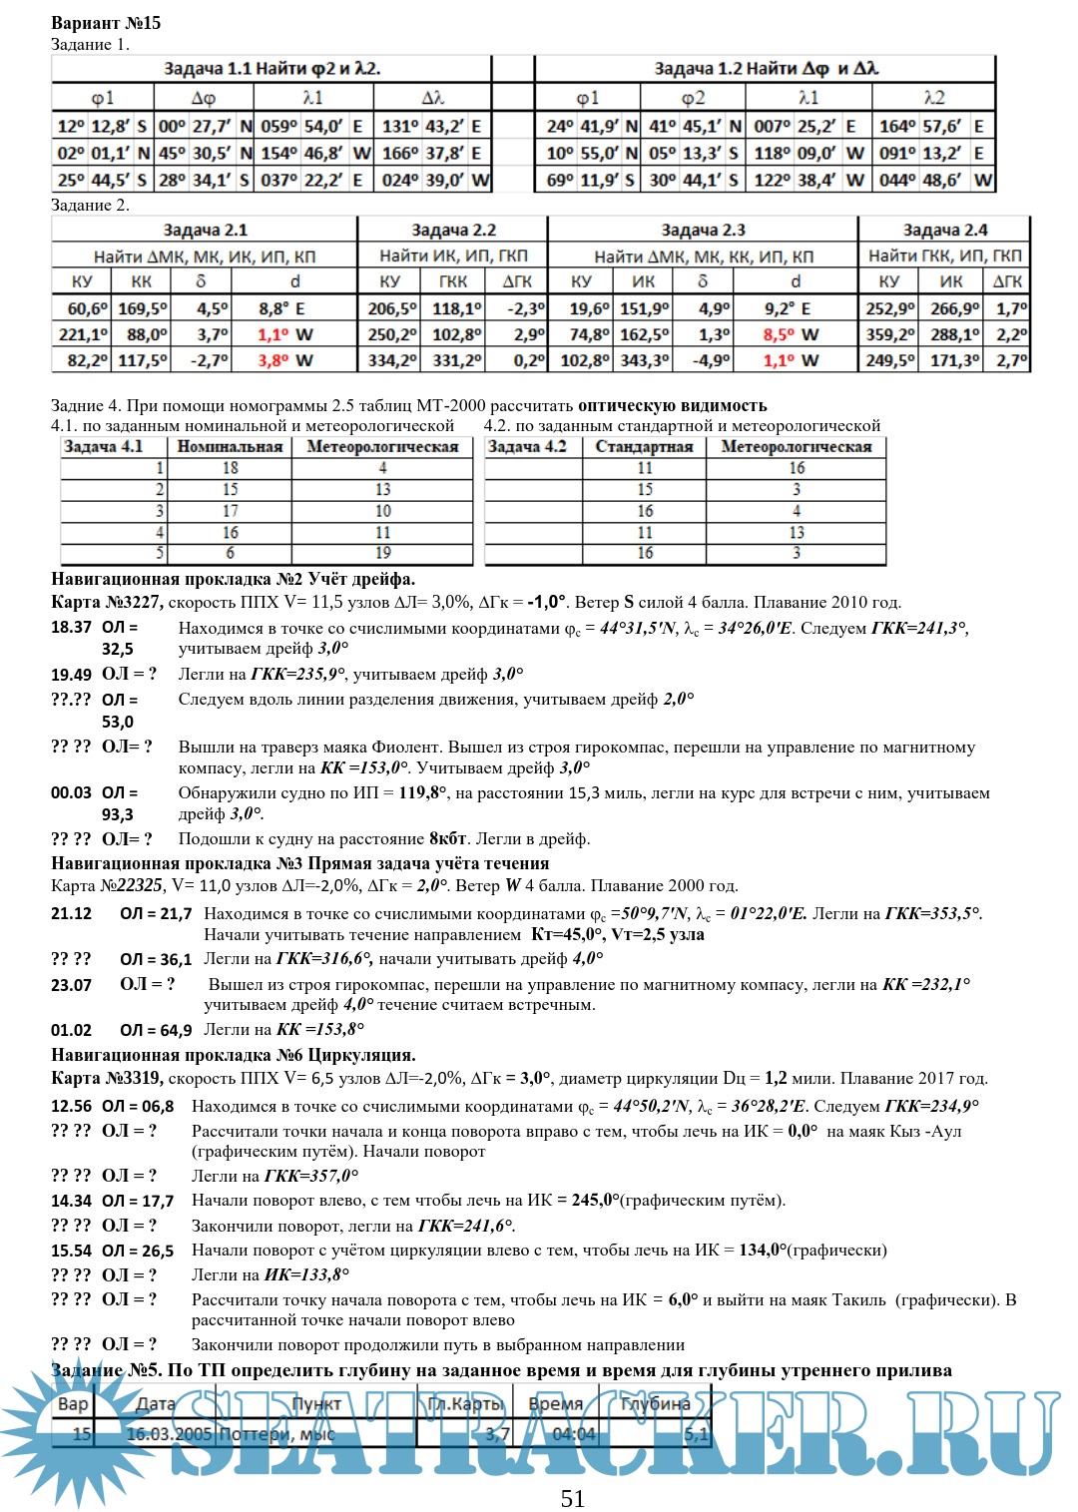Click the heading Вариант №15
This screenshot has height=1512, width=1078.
pos(106,23)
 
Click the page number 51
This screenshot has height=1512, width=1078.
pos(573,1498)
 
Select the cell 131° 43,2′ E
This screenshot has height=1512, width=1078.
pos(431,127)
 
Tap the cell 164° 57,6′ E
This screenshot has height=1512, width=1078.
pos(932,127)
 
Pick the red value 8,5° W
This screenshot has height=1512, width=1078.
pos(791,334)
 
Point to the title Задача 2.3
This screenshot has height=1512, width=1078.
pos(703,231)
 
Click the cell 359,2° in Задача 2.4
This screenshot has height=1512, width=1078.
pos(889,334)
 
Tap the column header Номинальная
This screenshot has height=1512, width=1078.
pos(230,447)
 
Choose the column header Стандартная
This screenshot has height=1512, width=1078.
pos(644,447)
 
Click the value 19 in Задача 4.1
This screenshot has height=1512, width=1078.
pos(383,553)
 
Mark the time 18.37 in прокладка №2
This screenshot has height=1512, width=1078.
pos(71,628)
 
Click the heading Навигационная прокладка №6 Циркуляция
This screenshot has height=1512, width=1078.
pos(234,1056)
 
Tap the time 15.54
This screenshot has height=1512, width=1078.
pos(71,1251)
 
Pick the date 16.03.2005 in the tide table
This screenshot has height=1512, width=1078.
pos(170,1434)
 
